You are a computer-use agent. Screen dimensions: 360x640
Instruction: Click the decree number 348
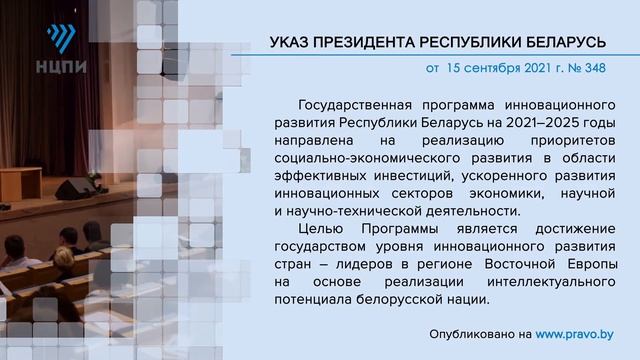(x=595, y=70)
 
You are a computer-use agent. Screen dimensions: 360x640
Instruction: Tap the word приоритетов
(x=573, y=141)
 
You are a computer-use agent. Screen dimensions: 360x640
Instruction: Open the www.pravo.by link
(x=575, y=333)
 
